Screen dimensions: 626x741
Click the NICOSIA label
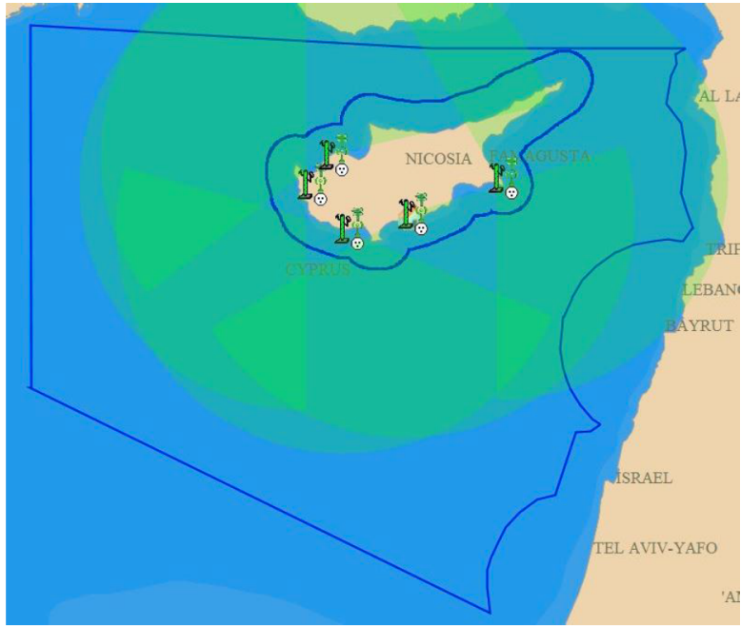point(438,159)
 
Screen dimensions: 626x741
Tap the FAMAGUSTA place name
point(540,155)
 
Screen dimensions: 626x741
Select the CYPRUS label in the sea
point(317,269)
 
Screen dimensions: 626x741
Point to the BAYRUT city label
point(699,325)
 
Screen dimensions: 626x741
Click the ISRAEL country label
point(644,478)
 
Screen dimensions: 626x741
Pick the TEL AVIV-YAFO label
point(655,547)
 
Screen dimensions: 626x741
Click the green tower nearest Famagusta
point(496,177)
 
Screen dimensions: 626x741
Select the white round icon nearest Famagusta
point(511,193)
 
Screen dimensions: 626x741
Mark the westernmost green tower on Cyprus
point(305,184)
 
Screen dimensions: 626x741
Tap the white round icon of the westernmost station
point(321,200)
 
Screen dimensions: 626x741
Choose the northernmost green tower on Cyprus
point(325,154)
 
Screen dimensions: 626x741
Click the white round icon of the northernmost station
point(341,169)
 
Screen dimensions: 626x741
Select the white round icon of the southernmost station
point(357,244)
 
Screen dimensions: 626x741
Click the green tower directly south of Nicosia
point(406,215)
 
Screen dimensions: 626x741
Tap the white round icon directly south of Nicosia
point(421,228)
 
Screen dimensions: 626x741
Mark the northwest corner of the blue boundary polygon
point(30,26)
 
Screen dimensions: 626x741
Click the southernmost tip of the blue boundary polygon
point(489,612)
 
